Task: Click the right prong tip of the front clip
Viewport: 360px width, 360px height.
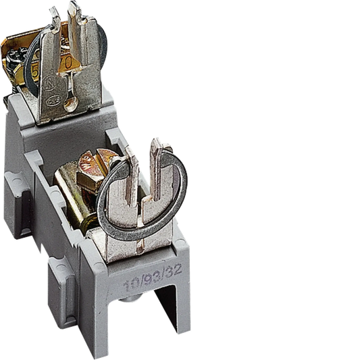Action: tap(156, 145)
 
